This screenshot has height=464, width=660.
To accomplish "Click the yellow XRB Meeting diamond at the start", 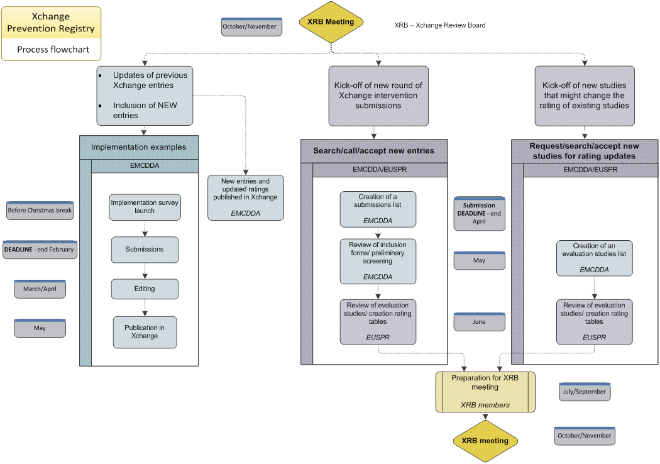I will [331, 22].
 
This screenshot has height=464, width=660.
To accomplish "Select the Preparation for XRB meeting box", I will [485, 392].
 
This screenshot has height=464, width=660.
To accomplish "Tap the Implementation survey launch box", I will [145, 207].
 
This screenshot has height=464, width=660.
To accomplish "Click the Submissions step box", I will [145, 250].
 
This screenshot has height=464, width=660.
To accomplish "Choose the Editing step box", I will [145, 289].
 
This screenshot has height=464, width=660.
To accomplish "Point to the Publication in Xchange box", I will [145, 332].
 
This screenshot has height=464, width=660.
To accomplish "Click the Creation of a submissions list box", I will [378, 209].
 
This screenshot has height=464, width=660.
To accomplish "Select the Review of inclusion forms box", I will [378, 261].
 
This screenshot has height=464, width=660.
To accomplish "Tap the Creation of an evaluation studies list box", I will [594, 258].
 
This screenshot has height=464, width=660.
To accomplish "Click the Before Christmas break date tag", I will [40, 211].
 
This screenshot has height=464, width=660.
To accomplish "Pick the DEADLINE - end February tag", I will [40, 250].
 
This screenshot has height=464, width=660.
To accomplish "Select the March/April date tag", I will [40, 289].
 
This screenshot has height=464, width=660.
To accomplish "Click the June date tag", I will [479, 322].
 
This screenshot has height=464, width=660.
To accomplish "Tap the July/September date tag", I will [584, 392].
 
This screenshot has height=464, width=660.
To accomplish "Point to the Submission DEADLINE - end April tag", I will [479, 214].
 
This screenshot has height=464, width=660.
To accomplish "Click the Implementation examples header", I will [139, 147].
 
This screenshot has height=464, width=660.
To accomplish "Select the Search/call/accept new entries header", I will [373, 151].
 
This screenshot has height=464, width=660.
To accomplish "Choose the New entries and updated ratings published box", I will [245, 197].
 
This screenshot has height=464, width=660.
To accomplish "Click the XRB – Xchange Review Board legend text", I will [439, 26].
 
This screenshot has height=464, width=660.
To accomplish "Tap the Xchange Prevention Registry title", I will [51, 23].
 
